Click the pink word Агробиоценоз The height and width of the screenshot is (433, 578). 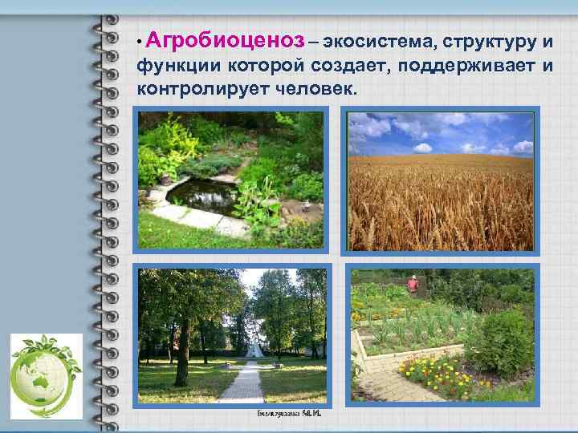point(226,40)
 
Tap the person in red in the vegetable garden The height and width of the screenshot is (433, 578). point(413,283)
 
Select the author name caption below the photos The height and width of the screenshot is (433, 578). point(285,415)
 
